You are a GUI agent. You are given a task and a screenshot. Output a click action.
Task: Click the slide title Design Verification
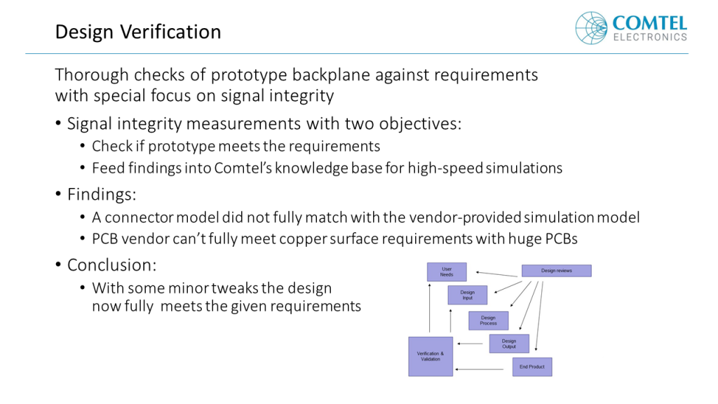click(x=138, y=32)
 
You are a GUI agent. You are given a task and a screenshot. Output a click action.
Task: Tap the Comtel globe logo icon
click(x=591, y=28)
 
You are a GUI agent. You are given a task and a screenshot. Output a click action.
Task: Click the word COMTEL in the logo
click(x=650, y=23)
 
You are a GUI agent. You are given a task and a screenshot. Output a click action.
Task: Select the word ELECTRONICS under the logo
click(x=650, y=37)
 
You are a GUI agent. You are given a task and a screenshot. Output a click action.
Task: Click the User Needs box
click(x=447, y=271)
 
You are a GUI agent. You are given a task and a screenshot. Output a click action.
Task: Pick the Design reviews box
click(x=556, y=271)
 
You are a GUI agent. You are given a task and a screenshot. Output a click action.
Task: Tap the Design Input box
click(x=467, y=295)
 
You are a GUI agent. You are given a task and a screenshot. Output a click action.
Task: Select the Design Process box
click(x=488, y=321)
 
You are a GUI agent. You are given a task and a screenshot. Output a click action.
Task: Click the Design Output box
click(x=509, y=344)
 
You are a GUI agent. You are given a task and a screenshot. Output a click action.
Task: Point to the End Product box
click(x=532, y=367)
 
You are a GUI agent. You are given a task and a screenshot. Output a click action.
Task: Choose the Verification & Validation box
click(x=431, y=356)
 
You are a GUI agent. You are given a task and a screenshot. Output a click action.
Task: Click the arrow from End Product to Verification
click(x=479, y=369)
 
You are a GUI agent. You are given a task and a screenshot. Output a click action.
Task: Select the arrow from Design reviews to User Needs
click(x=496, y=274)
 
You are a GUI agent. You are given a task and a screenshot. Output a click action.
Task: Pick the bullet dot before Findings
click(x=58, y=194)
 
